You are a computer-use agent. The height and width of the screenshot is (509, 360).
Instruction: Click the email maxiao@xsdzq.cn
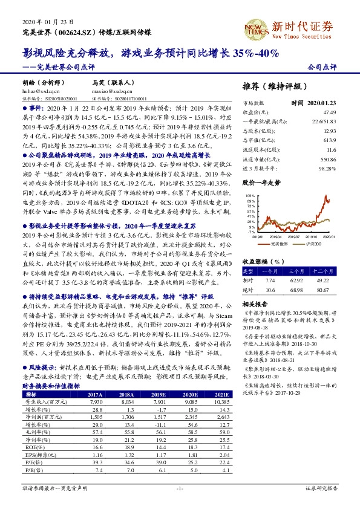click(110, 90)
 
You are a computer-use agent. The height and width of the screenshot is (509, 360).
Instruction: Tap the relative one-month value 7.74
click(270, 281)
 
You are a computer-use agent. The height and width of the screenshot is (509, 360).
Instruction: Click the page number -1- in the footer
click(179, 487)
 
